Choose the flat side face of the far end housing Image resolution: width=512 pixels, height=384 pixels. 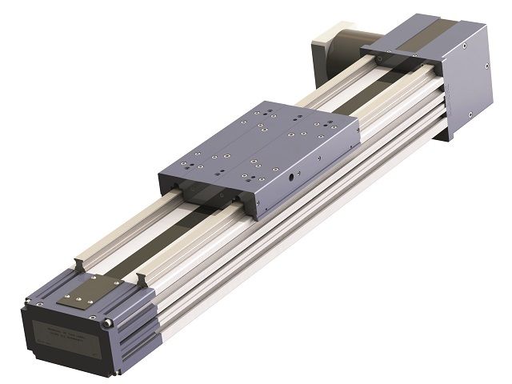point(468,80)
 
